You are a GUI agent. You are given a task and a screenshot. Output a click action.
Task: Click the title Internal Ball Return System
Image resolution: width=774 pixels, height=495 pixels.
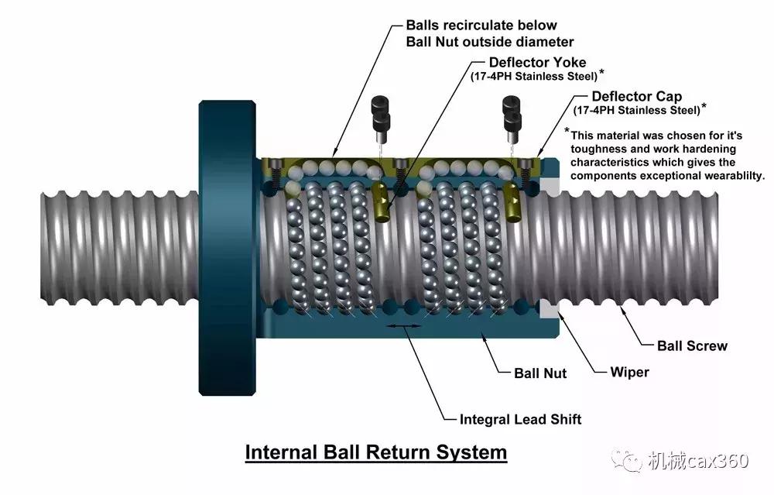click(x=376, y=452)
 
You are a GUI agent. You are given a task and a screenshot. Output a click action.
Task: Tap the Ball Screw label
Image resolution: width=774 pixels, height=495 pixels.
click(x=692, y=345)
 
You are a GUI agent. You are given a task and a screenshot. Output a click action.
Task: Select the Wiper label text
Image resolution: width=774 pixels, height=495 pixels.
click(x=629, y=372)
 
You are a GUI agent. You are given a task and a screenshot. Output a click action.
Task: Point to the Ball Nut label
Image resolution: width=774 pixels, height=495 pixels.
click(x=540, y=373)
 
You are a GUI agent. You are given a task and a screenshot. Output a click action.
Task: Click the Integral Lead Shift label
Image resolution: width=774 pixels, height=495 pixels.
click(x=520, y=419)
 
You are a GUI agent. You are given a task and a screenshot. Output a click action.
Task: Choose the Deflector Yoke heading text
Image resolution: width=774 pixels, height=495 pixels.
click(x=538, y=62)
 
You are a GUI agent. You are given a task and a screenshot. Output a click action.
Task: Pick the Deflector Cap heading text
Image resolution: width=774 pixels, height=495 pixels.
click(x=637, y=96)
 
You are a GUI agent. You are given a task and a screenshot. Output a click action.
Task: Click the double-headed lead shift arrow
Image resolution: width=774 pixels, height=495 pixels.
click(x=404, y=325)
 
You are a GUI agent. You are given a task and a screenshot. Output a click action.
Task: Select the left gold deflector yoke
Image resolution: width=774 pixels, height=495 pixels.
click(x=382, y=201)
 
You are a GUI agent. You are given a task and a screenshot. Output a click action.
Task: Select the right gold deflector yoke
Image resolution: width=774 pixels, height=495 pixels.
click(x=513, y=202)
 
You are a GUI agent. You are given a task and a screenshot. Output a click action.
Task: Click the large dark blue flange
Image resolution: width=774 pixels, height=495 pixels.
click(x=227, y=248)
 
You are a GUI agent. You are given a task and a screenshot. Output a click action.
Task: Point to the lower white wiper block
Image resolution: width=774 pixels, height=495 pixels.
click(x=550, y=309)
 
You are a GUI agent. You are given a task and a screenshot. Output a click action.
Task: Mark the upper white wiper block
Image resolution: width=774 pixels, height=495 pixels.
click(x=550, y=187)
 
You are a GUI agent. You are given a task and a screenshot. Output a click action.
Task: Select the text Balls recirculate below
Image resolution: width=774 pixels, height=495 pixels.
click(x=481, y=26)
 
